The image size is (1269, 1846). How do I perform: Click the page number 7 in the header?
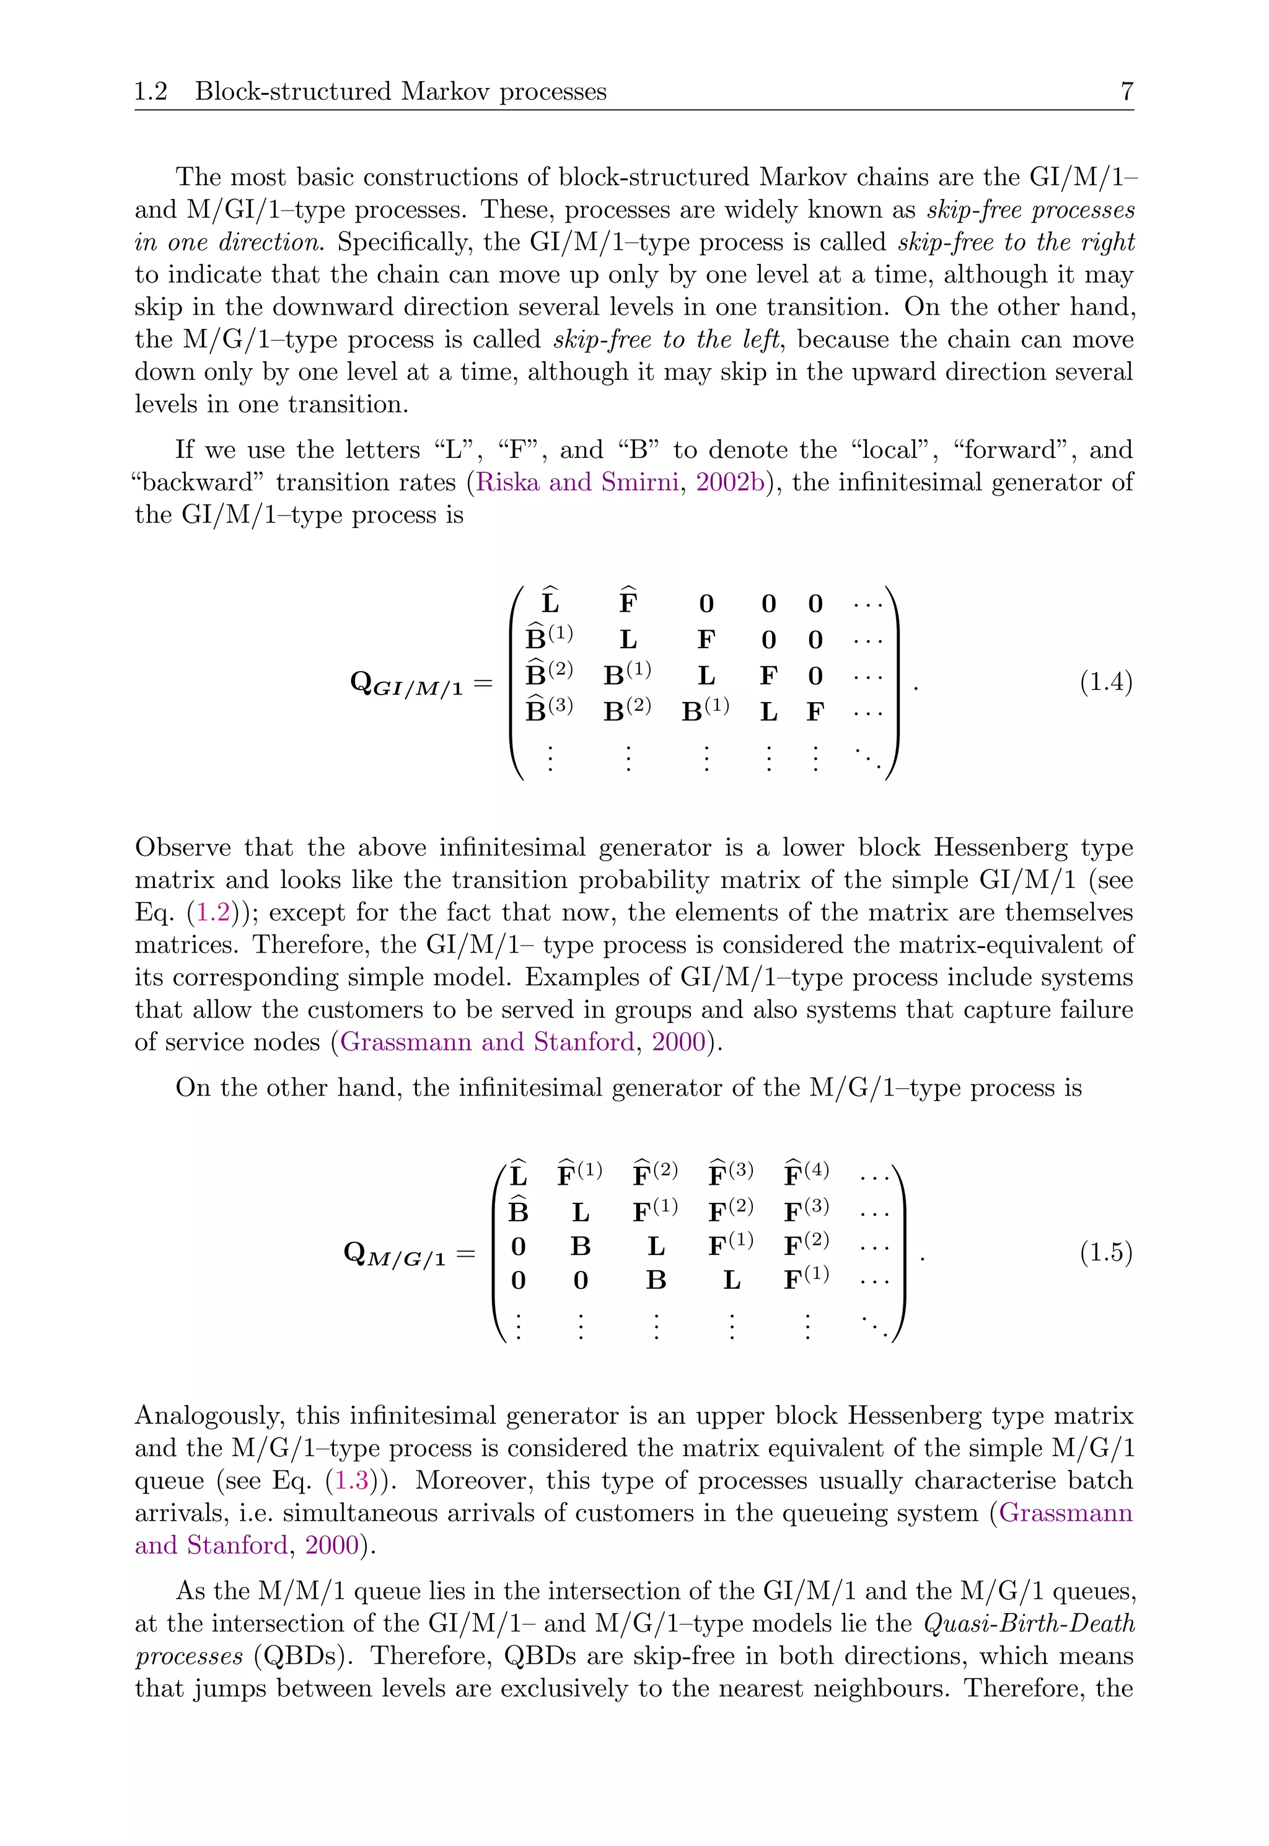[x=1126, y=92]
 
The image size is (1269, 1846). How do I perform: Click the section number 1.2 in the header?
[x=151, y=92]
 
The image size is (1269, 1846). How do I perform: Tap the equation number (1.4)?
[x=1105, y=682]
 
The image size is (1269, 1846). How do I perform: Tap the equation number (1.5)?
[x=1105, y=1252]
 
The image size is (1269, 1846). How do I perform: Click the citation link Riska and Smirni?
[x=576, y=483]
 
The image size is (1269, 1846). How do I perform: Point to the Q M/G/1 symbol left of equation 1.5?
[x=393, y=1254]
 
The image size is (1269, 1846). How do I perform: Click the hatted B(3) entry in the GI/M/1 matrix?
[x=548, y=708]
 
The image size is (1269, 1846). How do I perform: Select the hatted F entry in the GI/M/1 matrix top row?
[x=628, y=600]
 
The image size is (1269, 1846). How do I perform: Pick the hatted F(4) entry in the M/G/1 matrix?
[x=806, y=1172]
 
